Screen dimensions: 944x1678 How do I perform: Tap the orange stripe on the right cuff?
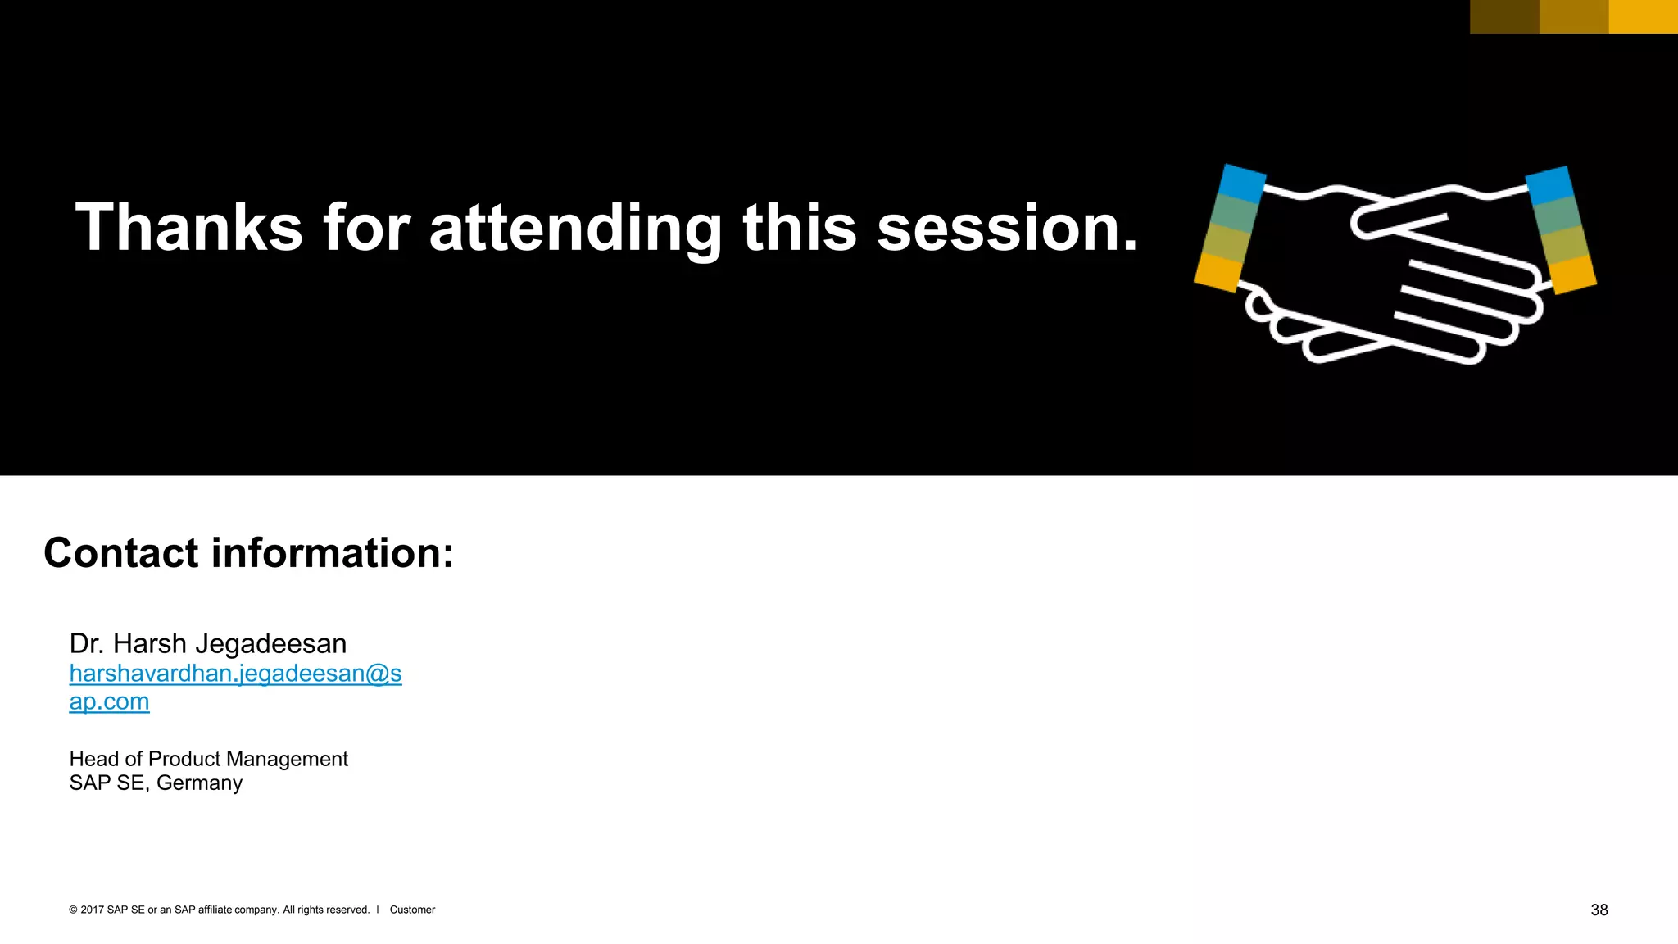click(x=1574, y=275)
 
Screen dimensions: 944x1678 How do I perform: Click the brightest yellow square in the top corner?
click(x=1643, y=16)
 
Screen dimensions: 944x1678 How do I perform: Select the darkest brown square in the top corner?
click(x=1504, y=16)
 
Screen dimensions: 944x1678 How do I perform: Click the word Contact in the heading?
click(x=120, y=552)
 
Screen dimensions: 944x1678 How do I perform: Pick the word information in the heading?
click(x=333, y=552)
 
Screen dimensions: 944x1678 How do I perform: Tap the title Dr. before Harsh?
click(x=87, y=644)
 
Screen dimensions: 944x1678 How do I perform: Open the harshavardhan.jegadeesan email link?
click(x=235, y=674)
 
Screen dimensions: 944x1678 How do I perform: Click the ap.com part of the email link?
click(x=109, y=701)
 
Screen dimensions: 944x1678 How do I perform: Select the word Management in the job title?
click(x=289, y=759)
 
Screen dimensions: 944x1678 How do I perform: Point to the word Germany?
click(x=199, y=783)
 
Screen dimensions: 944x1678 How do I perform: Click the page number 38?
click(x=1599, y=910)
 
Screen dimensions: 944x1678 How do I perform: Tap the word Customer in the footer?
click(x=412, y=910)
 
